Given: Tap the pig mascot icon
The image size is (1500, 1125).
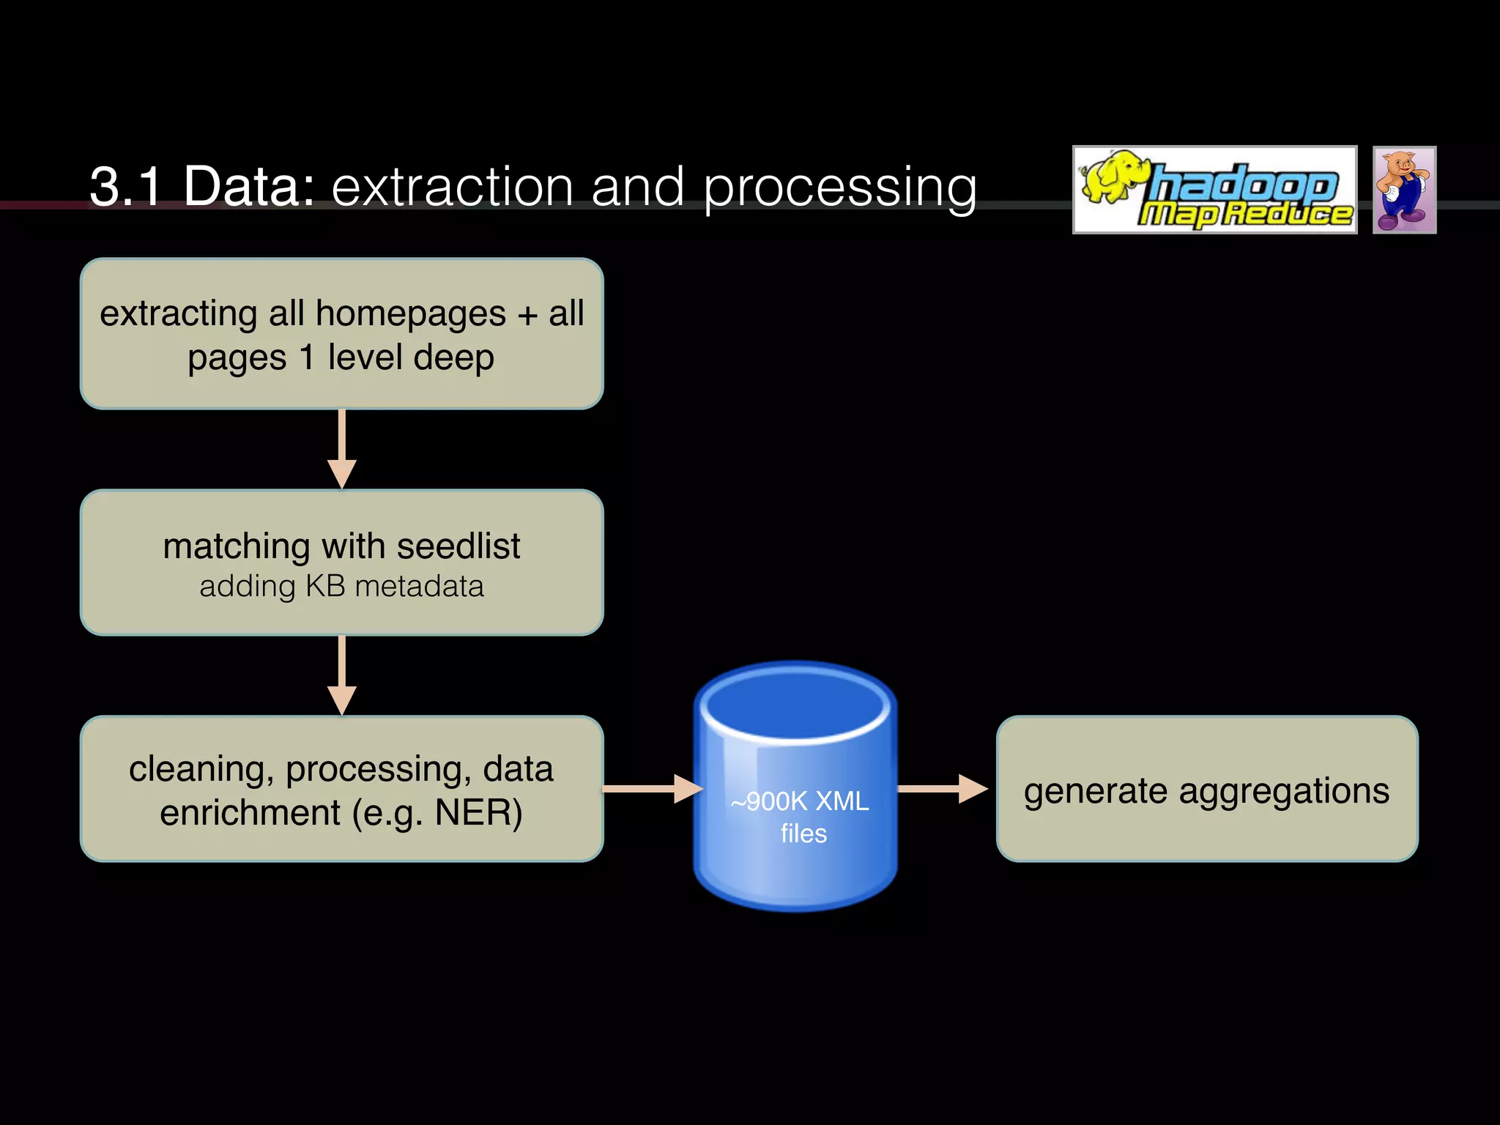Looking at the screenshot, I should click(1403, 190).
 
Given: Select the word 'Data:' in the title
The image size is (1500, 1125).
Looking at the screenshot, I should click(249, 187).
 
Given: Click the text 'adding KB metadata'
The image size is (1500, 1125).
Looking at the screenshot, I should click(341, 587).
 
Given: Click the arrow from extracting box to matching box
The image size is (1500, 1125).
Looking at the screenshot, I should click(342, 448).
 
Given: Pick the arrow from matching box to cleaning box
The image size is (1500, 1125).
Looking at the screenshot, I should click(342, 675).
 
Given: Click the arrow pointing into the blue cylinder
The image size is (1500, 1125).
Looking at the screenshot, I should click(652, 789).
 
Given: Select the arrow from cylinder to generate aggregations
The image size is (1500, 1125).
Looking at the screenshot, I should click(943, 789).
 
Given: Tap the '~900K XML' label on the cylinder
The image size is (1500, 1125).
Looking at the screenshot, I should click(800, 801).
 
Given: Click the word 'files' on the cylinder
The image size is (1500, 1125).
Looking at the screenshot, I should click(803, 833).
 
